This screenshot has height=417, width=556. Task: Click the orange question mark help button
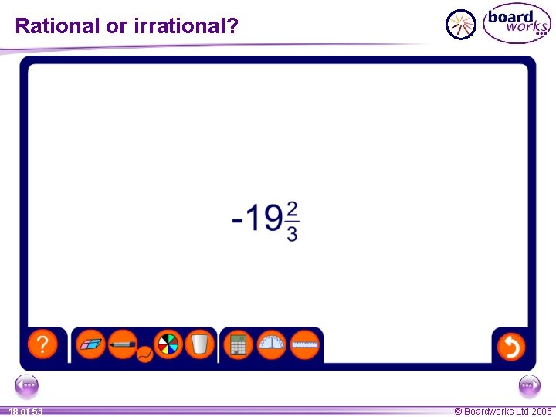click(x=42, y=344)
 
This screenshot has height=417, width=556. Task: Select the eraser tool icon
click(x=92, y=344)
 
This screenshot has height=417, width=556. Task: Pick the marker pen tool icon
click(x=122, y=344)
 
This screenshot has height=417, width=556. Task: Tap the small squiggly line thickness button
click(x=144, y=354)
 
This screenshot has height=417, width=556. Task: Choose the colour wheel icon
click(x=168, y=344)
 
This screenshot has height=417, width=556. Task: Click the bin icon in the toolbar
click(x=199, y=344)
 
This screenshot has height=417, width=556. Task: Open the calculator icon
click(x=239, y=344)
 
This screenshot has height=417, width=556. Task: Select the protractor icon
click(x=272, y=344)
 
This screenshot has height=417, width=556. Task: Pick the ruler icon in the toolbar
click(x=305, y=344)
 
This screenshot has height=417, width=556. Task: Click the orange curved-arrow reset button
click(x=510, y=345)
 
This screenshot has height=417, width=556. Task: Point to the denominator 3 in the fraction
click(x=292, y=233)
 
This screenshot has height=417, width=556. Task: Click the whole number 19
click(x=266, y=219)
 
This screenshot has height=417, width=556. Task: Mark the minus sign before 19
click(x=239, y=221)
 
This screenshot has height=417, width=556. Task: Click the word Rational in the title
click(x=58, y=26)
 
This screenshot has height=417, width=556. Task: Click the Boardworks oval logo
click(x=517, y=24)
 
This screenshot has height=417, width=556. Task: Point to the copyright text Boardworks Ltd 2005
click(x=503, y=412)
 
